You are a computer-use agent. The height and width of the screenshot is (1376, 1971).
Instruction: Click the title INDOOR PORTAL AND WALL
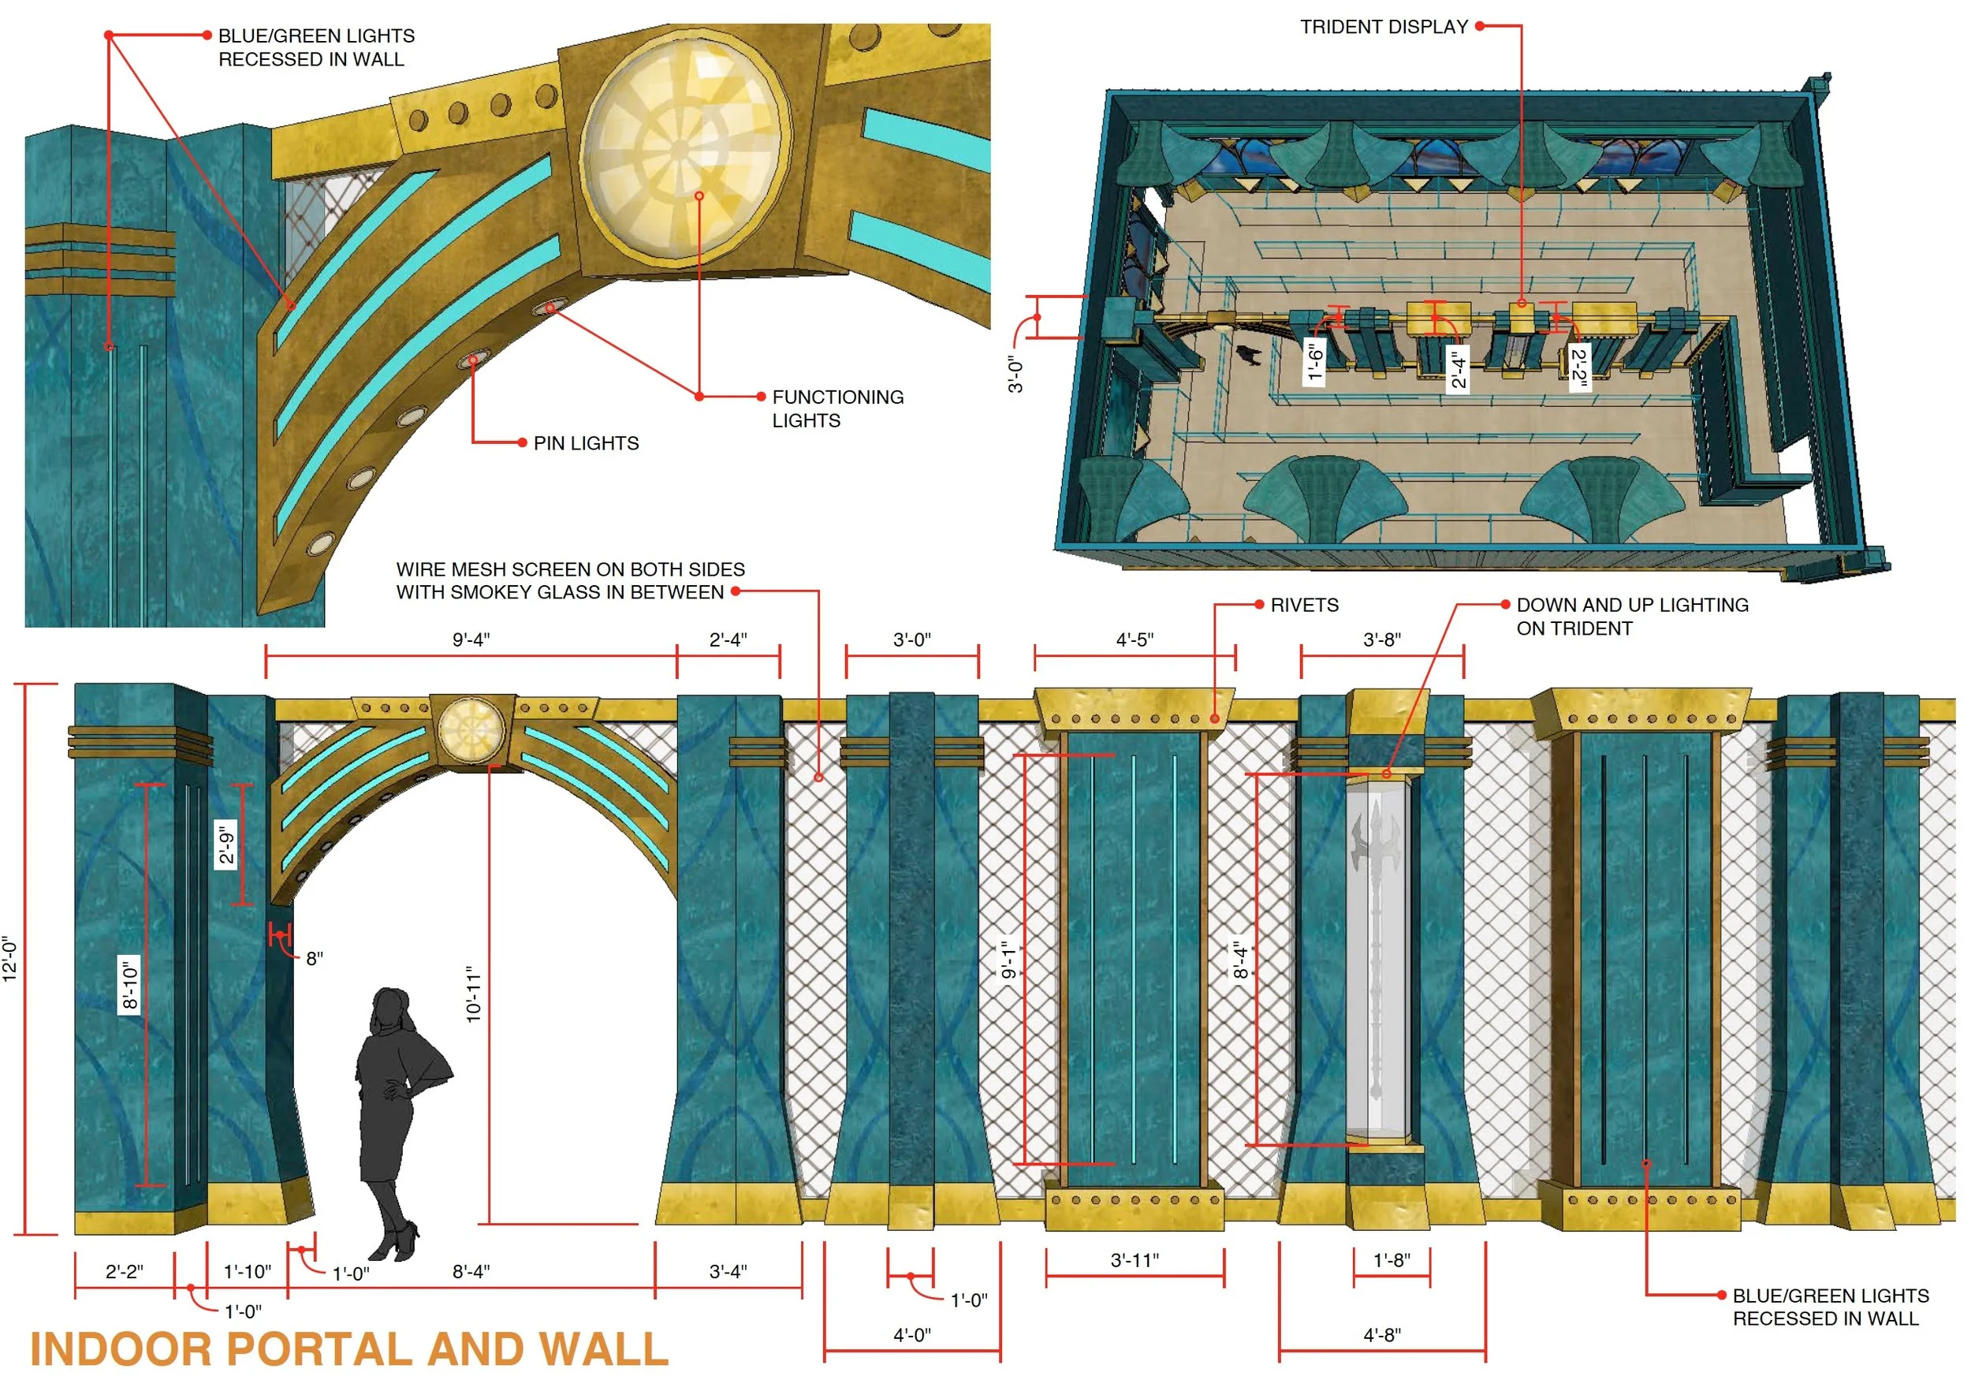348,1349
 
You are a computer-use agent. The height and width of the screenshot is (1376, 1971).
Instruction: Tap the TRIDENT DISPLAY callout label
1383,28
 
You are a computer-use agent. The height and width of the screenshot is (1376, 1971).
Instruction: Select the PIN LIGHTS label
586,443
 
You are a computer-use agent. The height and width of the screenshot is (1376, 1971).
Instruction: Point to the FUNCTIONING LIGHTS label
837,408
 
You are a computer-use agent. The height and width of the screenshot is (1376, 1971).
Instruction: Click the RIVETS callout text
1303,605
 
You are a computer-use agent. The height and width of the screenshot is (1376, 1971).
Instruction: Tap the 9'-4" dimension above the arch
471,640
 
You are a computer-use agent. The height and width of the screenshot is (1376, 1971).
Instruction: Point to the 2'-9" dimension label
225,845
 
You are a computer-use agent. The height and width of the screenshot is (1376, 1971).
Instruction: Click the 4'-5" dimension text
1134,640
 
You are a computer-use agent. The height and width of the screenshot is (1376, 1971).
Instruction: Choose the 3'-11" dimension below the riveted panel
1134,1260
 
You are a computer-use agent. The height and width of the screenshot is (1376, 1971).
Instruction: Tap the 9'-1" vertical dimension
1009,959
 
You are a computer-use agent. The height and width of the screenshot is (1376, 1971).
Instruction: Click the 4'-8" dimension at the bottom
1381,1335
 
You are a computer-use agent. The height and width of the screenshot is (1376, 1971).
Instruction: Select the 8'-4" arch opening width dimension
471,1271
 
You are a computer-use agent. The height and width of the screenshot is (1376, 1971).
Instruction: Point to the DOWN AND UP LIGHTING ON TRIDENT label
1631,617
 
